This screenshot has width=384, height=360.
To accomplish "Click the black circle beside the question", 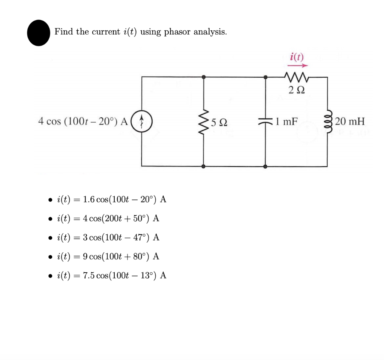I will (39, 33).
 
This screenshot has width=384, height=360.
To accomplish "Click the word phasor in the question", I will (178, 32).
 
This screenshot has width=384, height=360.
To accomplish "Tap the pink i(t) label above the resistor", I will (297, 57).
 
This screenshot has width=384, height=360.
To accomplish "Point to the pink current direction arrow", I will (297, 65).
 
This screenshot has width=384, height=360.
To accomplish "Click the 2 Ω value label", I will (297, 90).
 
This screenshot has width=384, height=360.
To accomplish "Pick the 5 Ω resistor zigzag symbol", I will (204, 121).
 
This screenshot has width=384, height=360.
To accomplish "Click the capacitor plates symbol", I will (265, 121).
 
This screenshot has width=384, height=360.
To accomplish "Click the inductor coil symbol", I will (327, 121).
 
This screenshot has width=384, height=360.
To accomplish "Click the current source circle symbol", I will (142, 121).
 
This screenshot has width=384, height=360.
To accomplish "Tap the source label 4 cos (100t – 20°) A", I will (83, 121).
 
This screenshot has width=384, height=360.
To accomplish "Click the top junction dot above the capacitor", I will (265, 77).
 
